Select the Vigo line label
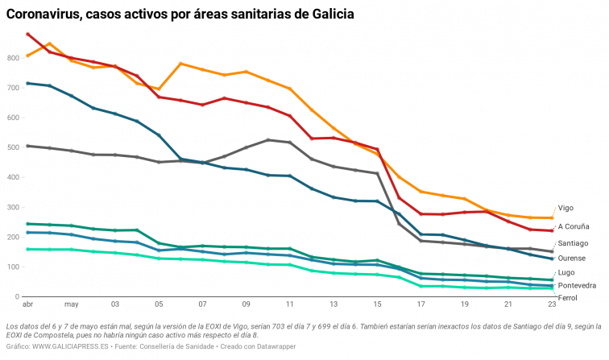click(x=566, y=208)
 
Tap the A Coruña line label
click(x=574, y=226)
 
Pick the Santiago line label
click(x=573, y=242)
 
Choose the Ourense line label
click(x=572, y=258)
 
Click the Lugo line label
click(x=566, y=272)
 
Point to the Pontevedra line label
click(x=577, y=285)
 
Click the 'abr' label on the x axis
click(x=28, y=305)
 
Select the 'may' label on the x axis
click(x=71, y=305)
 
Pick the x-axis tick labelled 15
click(x=377, y=305)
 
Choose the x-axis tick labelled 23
click(x=551, y=305)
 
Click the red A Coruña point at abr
click(x=28, y=34)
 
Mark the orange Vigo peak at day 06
click(x=181, y=63)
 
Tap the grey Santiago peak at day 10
click(x=268, y=140)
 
